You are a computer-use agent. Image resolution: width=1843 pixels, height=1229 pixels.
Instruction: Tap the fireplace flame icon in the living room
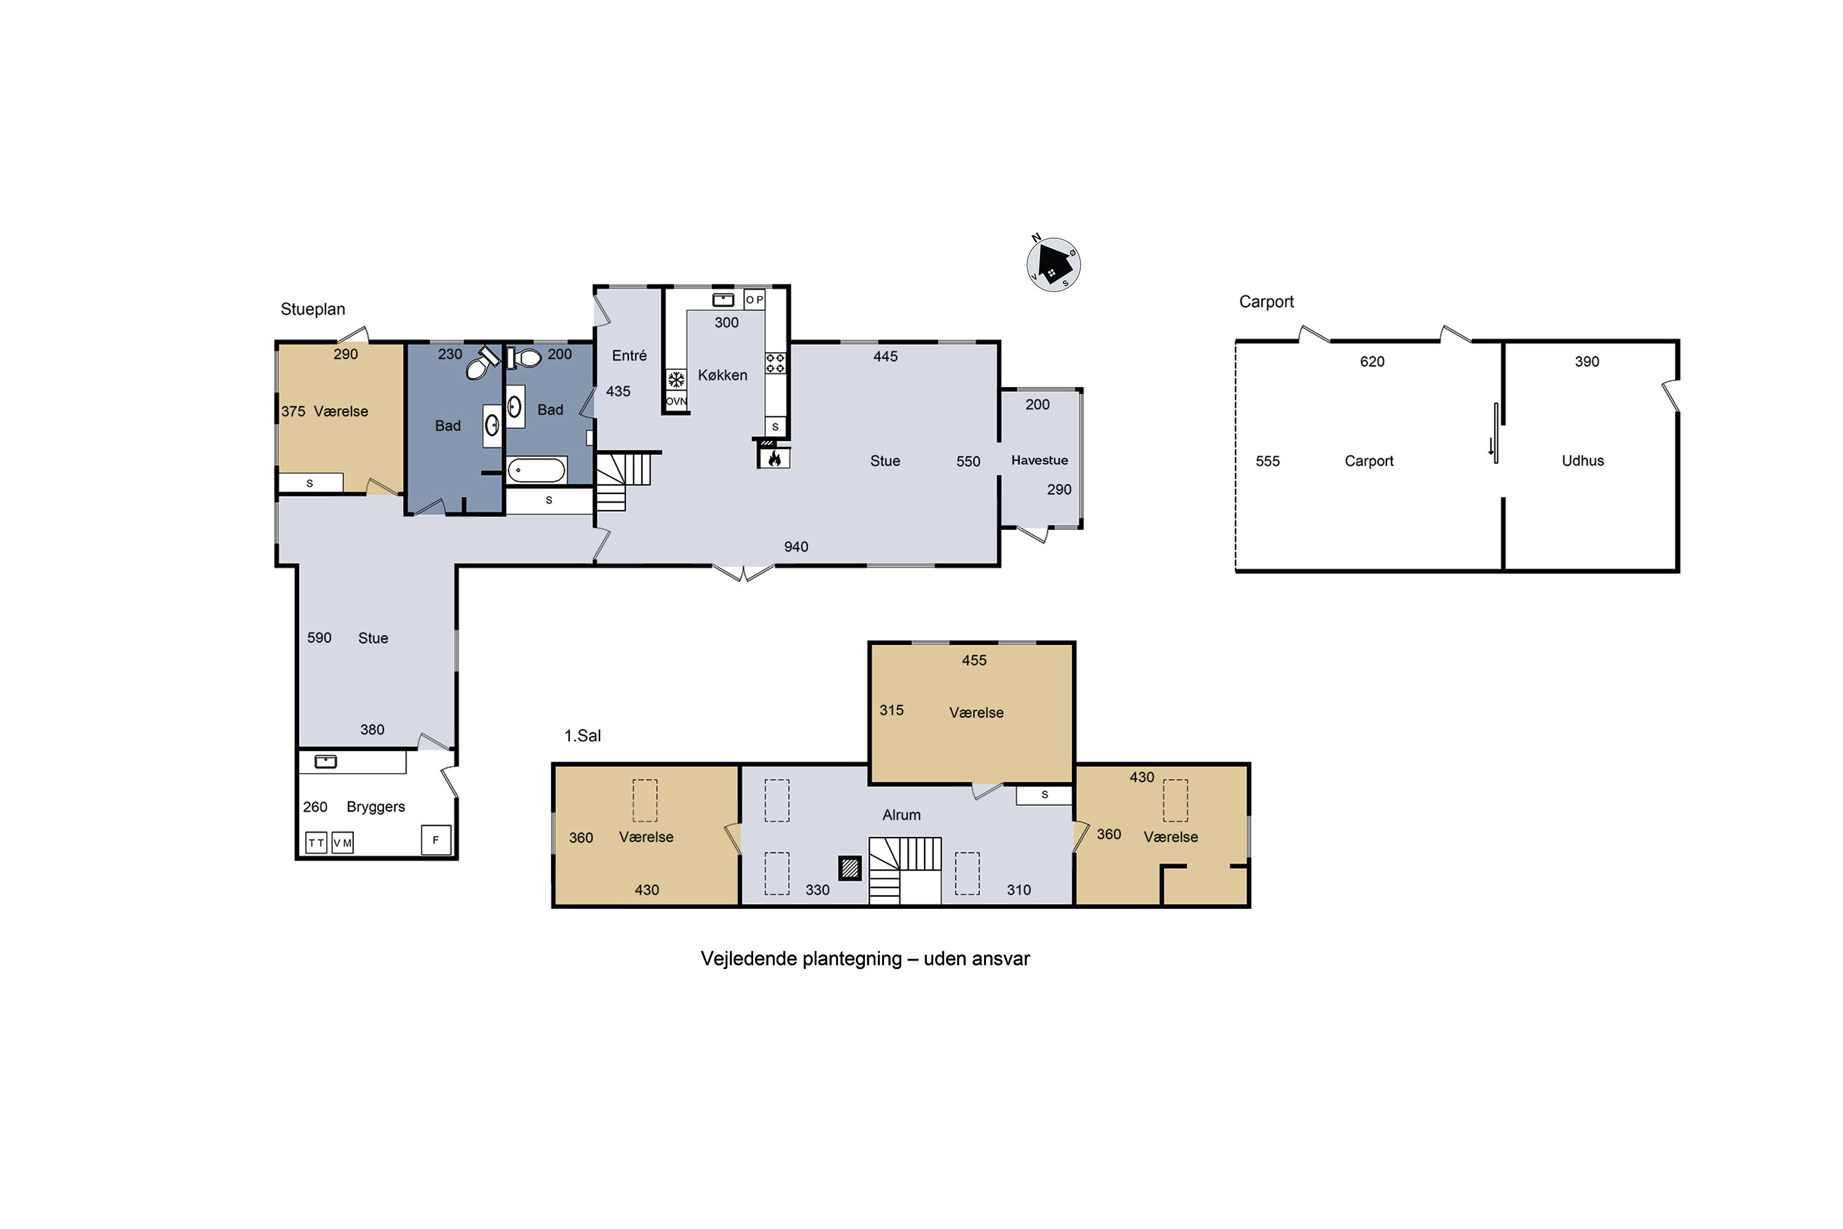point(774,458)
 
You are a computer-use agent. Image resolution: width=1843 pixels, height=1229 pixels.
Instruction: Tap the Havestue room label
point(1039,460)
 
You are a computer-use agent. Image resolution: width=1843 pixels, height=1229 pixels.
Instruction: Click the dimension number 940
point(796,547)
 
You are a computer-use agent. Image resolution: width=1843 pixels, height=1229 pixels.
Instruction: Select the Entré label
point(629,356)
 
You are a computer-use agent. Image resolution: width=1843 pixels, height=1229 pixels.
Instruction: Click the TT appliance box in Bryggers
point(316,842)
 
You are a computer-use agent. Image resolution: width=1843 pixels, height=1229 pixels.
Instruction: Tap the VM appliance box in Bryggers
point(342,842)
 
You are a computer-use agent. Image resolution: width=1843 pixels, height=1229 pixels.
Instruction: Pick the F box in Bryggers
point(436,839)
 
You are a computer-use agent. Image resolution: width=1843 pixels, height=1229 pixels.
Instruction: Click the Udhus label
point(1583,461)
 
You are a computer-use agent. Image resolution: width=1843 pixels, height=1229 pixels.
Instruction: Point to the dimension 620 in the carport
point(1372,361)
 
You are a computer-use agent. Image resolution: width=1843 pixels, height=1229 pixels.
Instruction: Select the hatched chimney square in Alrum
point(850,868)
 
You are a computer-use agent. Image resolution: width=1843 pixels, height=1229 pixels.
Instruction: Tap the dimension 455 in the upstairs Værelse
point(974,660)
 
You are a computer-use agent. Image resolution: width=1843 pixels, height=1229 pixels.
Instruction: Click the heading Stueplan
point(313,310)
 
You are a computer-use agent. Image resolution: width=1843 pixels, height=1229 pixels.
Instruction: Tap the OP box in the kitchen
point(754,299)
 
